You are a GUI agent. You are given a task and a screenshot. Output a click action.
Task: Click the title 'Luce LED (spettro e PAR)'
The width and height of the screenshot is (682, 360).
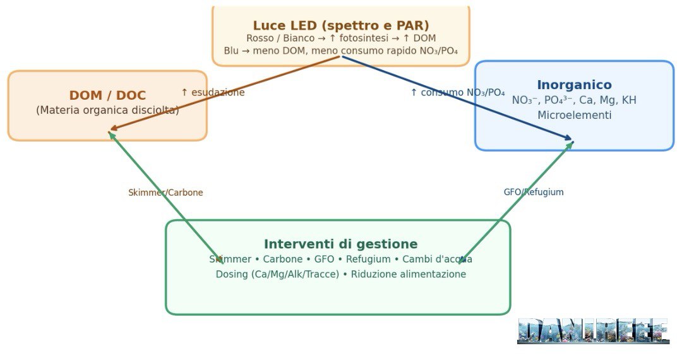click(341, 25)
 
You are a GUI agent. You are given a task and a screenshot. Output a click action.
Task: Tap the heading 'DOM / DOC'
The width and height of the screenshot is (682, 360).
click(107, 95)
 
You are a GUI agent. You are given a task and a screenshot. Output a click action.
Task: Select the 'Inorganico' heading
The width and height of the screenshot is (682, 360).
click(574, 85)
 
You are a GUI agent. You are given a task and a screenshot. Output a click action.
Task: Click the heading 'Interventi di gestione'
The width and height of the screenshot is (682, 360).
click(340, 244)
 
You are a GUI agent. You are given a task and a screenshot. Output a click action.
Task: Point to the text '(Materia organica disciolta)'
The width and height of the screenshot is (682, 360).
click(107, 110)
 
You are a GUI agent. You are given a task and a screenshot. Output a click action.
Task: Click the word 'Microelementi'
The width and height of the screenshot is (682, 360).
click(574, 115)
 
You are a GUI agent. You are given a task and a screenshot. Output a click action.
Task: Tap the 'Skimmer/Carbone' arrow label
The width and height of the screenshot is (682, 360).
click(165, 193)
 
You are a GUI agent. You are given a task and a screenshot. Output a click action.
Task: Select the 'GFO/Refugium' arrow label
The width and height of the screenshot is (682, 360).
click(534, 192)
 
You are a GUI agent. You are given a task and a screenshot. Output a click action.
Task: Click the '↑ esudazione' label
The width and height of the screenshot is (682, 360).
click(213, 92)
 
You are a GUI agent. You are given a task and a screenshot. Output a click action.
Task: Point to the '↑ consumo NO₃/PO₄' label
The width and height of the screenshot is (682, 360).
click(458, 92)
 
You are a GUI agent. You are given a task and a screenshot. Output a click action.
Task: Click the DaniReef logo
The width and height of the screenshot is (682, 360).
click(593, 331)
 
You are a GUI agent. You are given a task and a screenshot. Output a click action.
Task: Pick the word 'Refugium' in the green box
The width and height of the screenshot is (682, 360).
click(368, 259)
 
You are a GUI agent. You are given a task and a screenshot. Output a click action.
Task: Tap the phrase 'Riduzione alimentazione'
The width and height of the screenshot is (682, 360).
click(409, 274)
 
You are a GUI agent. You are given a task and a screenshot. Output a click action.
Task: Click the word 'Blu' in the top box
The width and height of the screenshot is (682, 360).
click(231, 51)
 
